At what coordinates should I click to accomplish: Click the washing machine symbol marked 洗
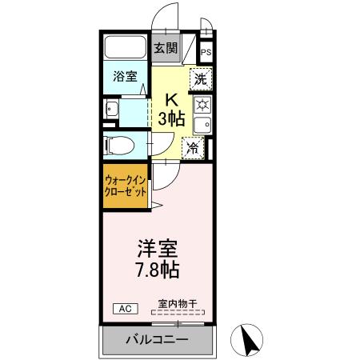201,79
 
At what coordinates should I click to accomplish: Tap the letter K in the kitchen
170,99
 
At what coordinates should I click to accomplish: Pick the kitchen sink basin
202,125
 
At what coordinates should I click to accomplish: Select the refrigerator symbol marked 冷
193,147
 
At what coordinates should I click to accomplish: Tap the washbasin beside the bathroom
111,110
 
